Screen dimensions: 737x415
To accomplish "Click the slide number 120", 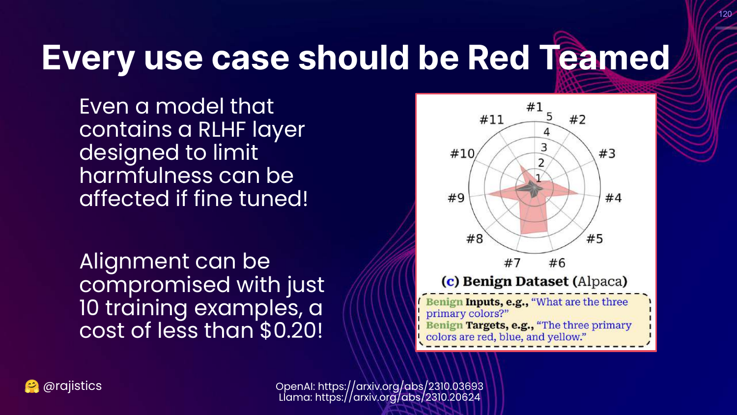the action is click(x=725, y=14).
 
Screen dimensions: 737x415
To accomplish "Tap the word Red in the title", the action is click(x=499, y=58).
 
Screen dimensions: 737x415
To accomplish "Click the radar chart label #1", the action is click(x=535, y=107).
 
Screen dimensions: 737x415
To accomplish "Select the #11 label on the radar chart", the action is click(x=491, y=119).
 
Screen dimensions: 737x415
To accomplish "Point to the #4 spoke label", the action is click(x=613, y=198).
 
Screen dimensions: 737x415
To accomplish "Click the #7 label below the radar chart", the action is click(x=512, y=263).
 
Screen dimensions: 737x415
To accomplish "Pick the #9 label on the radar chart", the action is click(x=456, y=198).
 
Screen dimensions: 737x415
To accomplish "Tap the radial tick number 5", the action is click(x=549, y=116).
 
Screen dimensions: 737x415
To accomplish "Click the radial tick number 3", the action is click(x=544, y=147).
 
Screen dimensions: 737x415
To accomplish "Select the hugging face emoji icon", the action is click(x=31, y=386).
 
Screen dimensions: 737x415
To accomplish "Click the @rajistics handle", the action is click(x=72, y=385).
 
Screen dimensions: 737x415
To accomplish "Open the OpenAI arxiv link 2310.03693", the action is click(x=400, y=386).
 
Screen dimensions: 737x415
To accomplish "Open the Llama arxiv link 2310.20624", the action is click(x=397, y=397).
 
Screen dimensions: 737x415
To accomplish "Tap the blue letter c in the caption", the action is click(x=450, y=282).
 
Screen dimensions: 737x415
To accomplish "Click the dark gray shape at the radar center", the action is click(x=530, y=188).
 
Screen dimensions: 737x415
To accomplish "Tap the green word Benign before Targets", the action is click(x=444, y=326).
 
